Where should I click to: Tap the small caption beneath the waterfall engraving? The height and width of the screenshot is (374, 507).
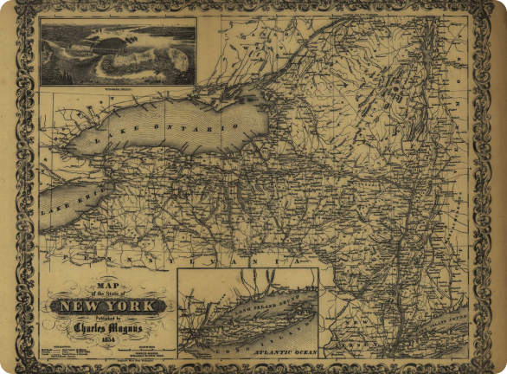click(118, 87)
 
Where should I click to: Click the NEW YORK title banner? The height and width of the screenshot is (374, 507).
click(109, 306)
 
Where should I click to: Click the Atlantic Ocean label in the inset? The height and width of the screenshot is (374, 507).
click(276, 353)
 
